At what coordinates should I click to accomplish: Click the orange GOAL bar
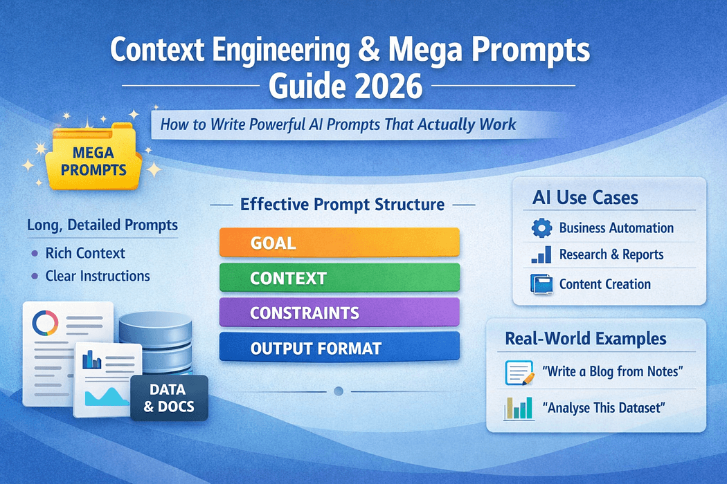(339, 243)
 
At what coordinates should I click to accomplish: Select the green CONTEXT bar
(339, 278)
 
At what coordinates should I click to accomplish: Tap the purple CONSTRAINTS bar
(339, 313)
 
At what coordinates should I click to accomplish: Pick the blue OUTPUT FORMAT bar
(339, 348)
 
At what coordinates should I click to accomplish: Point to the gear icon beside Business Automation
(540, 227)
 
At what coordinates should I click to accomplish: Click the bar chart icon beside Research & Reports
(540, 254)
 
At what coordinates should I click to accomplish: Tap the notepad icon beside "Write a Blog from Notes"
(519, 373)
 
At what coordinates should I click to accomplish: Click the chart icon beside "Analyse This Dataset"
(519, 408)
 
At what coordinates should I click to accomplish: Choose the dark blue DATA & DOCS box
(170, 398)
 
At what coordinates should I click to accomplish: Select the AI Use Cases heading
(585, 198)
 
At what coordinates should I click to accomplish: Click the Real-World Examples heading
(586, 339)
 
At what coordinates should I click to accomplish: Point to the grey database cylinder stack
(154, 339)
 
